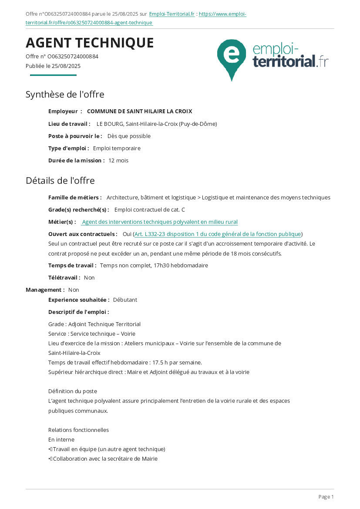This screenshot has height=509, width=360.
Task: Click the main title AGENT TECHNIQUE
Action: tap(90, 43)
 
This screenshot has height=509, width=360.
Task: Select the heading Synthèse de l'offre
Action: tap(65, 94)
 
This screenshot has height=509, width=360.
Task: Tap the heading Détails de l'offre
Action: tap(60, 180)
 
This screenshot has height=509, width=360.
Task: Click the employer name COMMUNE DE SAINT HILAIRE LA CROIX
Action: tap(139, 111)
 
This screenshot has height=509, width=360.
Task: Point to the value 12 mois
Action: tap(118, 160)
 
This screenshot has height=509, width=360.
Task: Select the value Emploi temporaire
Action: tap(117, 148)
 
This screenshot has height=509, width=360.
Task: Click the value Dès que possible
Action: tap(129, 136)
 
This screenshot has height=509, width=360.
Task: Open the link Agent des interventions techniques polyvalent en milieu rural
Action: tap(160, 222)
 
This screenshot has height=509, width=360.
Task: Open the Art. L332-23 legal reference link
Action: tap(218, 234)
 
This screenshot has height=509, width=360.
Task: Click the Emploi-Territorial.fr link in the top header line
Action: tap(172, 14)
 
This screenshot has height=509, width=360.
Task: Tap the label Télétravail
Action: tap(64, 277)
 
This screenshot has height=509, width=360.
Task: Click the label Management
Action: tap(45, 290)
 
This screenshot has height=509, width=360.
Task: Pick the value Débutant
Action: tap(125, 300)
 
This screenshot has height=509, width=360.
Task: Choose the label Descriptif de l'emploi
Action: tap(78, 312)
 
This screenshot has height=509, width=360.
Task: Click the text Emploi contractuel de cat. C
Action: tap(149, 209)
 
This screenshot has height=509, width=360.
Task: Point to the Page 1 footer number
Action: tap(326, 497)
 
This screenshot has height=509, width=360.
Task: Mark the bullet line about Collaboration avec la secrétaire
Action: tap(105, 458)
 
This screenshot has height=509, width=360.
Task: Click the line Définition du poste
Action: tap(73, 391)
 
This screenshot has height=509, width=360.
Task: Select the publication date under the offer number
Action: tap(53, 66)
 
